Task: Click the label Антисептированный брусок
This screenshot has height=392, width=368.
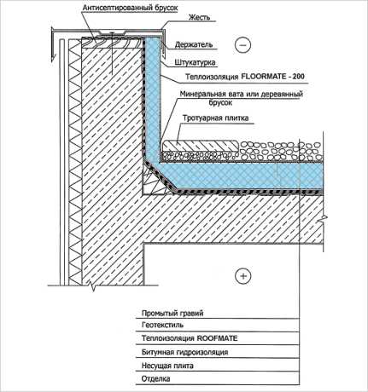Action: (x=130, y=8)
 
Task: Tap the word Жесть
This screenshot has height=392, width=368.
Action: (x=200, y=17)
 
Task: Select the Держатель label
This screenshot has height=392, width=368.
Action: (x=194, y=44)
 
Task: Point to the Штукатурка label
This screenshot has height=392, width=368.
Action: (x=195, y=62)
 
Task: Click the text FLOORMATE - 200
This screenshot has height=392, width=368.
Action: (x=272, y=77)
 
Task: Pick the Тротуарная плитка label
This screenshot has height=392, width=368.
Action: (x=216, y=118)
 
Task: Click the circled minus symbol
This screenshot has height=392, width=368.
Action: (x=243, y=45)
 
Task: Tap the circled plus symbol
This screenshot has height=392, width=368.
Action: (x=243, y=276)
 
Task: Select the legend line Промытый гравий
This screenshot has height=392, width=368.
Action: (x=172, y=314)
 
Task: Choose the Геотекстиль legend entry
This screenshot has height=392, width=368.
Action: (x=162, y=325)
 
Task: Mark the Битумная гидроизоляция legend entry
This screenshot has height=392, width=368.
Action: (x=185, y=352)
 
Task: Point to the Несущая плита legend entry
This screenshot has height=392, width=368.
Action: (x=167, y=366)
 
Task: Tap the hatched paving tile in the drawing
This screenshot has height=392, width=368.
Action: (x=200, y=145)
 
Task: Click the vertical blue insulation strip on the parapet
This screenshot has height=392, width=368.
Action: (x=153, y=96)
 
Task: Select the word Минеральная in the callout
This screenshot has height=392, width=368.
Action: (x=204, y=94)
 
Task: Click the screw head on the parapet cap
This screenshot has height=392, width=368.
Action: (x=113, y=32)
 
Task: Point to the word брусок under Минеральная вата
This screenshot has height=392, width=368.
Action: (x=220, y=103)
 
